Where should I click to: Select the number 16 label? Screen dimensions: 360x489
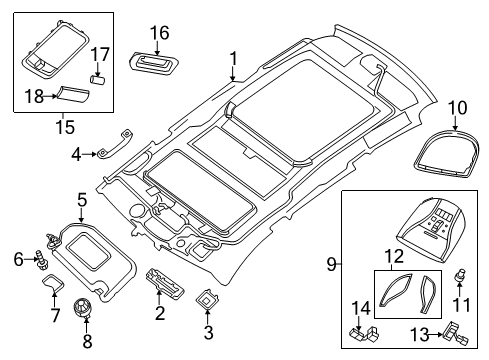(x=160, y=34)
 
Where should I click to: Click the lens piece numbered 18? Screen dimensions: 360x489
(x=72, y=94)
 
